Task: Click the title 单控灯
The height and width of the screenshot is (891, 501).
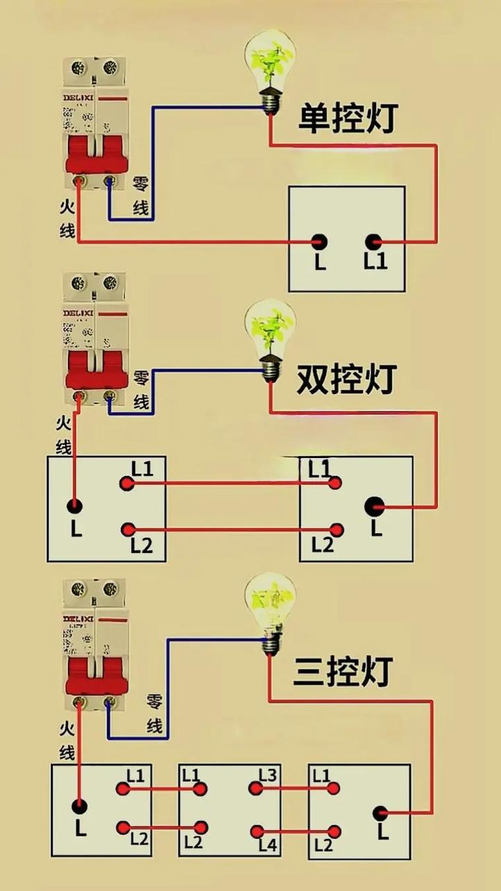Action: (346, 119)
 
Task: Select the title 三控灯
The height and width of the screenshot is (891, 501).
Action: (343, 671)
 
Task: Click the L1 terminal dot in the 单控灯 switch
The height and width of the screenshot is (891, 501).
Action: (375, 242)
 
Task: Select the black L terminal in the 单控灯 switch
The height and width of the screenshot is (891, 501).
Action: (319, 242)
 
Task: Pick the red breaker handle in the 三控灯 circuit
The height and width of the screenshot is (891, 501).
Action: (96, 677)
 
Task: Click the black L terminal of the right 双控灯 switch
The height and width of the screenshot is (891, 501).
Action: (375, 506)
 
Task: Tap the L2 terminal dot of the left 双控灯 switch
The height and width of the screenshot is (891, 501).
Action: (128, 530)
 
